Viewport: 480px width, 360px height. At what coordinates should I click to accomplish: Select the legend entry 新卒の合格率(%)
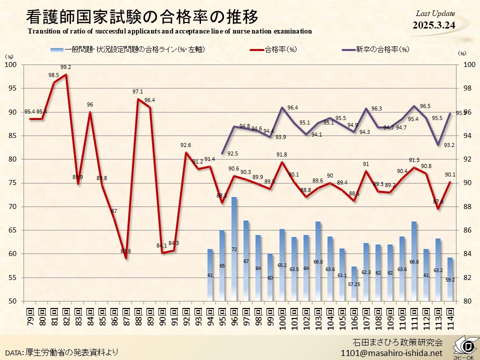(382, 49)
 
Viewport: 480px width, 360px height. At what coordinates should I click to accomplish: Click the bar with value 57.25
(354, 283)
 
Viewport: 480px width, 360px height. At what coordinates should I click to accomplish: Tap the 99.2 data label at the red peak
(65, 67)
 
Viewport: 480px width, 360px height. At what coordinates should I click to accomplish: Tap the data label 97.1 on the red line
(138, 91)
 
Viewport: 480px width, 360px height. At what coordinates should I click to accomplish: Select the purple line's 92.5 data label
(232, 153)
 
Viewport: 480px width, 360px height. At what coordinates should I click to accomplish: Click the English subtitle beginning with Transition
(170, 31)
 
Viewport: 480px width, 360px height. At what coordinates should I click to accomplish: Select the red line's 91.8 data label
(282, 154)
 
